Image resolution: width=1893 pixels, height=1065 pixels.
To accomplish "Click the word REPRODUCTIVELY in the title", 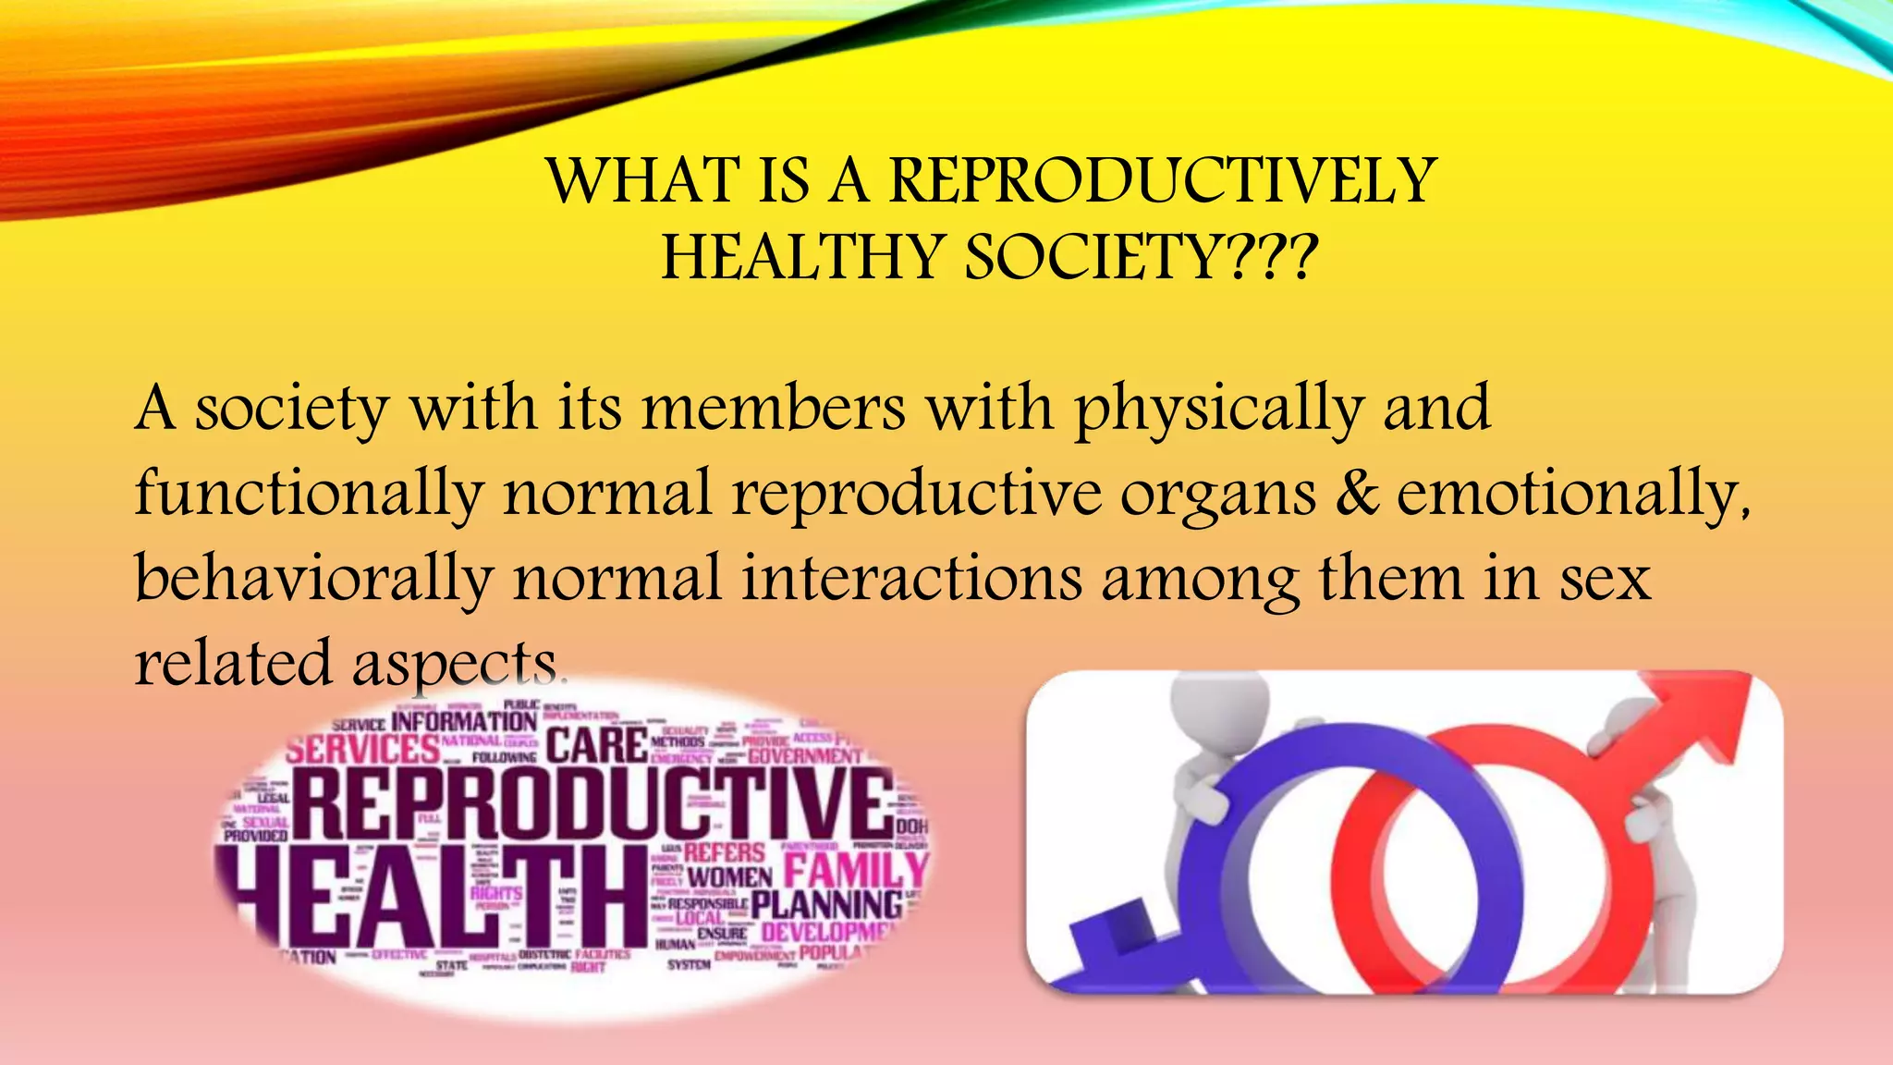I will (x=1162, y=180).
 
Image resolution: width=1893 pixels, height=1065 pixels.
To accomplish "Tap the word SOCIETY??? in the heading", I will (x=1141, y=258).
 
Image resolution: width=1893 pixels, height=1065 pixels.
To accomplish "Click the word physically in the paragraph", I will (x=1218, y=410).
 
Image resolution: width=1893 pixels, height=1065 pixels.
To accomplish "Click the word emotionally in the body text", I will (x=1571, y=495).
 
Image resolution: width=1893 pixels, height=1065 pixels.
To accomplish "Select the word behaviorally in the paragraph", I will (x=313, y=580).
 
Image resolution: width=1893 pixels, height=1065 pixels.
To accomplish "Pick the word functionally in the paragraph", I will (x=309, y=495).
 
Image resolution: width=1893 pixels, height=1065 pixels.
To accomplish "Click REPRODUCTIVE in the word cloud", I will (x=592, y=802).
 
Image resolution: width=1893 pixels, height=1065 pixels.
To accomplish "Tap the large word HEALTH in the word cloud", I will (x=434, y=897).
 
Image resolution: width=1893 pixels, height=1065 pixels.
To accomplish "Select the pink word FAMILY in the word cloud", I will (x=855, y=869).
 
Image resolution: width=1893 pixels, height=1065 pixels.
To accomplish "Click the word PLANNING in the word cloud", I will (x=826, y=904).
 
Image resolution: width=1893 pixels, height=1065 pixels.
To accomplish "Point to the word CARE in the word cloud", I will (x=596, y=745).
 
